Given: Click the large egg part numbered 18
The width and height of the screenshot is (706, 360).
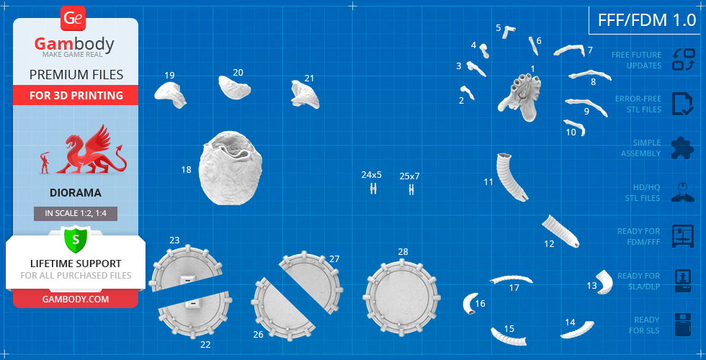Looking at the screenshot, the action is pos(231,168).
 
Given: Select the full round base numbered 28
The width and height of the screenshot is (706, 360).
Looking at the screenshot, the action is pos(402,297).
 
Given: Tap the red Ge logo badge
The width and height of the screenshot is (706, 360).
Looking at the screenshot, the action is pos(73,19).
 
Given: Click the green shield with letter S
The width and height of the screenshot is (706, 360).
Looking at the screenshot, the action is pos(76,239).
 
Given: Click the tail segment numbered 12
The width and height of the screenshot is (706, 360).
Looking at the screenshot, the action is pos(560,231).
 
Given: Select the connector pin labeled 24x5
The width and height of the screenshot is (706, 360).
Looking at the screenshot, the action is pos(373,189).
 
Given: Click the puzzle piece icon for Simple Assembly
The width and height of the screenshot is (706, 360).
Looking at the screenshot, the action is pos(683,148).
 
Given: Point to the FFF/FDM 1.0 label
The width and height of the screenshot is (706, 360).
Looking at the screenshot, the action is pos(647,20).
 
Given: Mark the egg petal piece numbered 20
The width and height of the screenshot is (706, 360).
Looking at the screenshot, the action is pos(234,87).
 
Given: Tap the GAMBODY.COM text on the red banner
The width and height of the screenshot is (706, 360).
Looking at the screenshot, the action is pos(76,300).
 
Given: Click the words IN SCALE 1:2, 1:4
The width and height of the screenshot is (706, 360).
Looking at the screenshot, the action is pos(76,213).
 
